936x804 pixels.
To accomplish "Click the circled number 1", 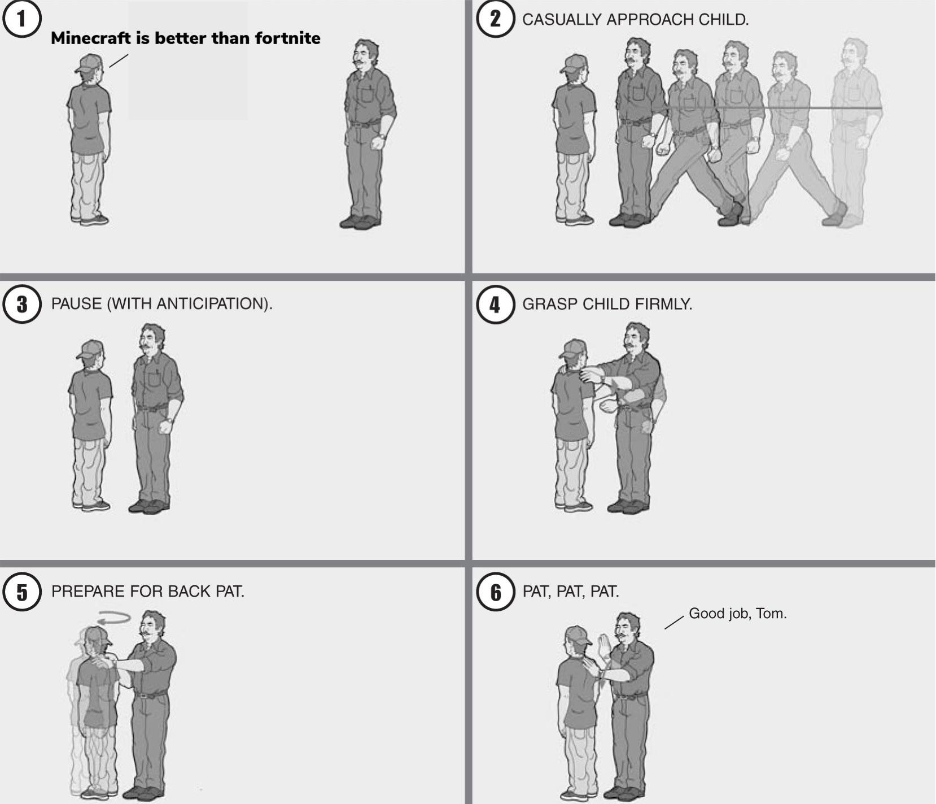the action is point(21,19).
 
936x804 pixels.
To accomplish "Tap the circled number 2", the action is point(495,19).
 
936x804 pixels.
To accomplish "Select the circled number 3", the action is point(21,304).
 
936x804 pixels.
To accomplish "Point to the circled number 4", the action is point(495,304).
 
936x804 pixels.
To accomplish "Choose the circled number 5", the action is point(21,592).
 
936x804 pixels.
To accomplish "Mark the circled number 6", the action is point(495,592).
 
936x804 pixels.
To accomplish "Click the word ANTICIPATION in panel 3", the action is point(210,304).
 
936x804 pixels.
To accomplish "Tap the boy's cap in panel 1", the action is point(89,63).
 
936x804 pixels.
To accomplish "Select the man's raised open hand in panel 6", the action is point(605,645).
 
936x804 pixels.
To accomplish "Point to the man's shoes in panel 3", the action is point(148,506).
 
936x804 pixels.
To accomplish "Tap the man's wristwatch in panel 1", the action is point(382,136).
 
